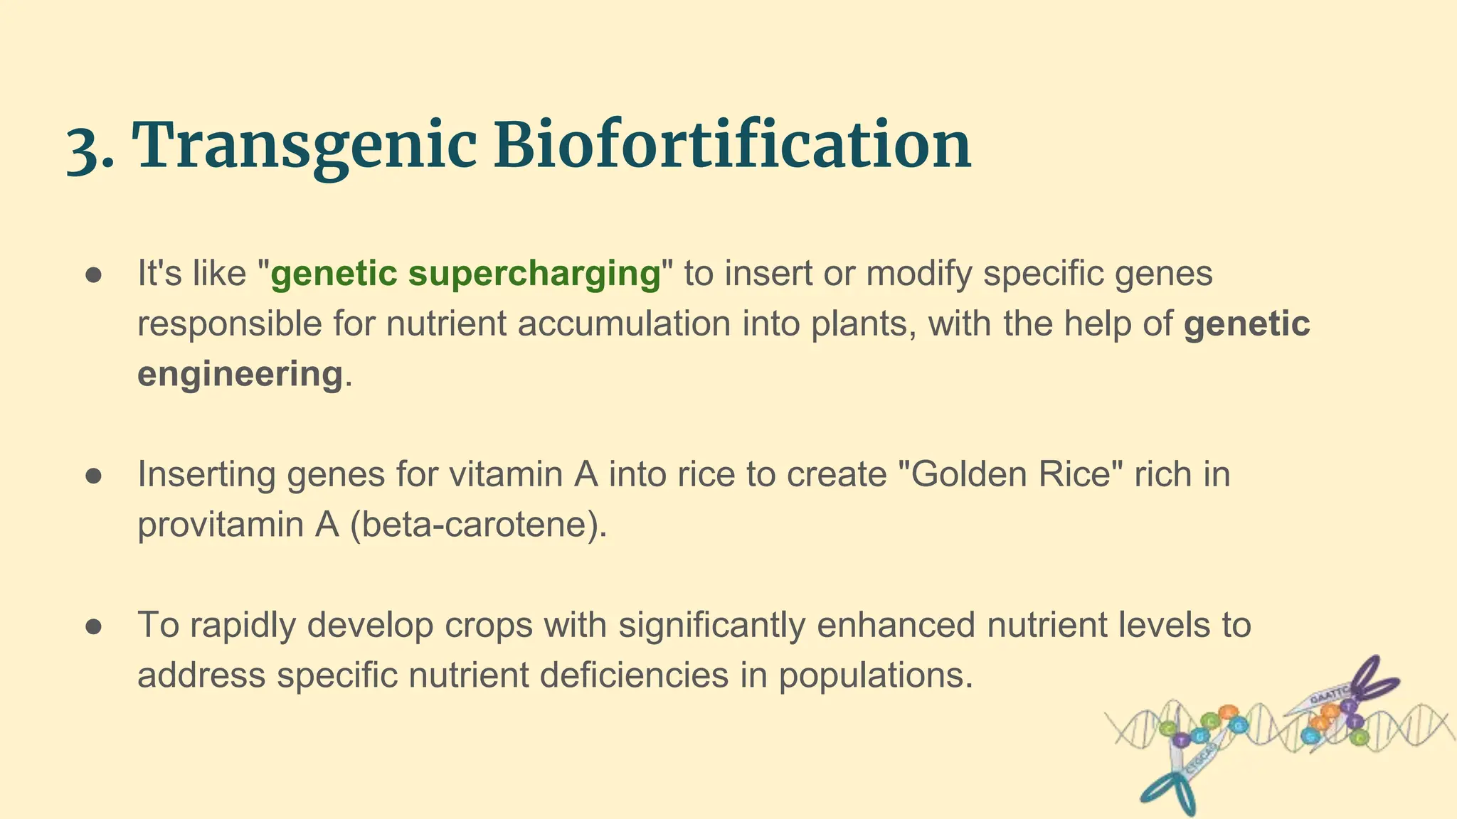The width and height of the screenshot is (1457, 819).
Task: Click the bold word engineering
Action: pyautogui.click(x=240, y=374)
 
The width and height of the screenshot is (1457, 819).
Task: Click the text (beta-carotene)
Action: pyautogui.click(x=479, y=525)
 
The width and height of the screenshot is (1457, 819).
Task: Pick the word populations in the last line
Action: pyautogui.click(x=874, y=675)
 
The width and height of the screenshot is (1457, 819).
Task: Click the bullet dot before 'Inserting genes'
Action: pyautogui.click(x=95, y=476)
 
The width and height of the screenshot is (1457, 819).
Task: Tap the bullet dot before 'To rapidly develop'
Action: pyautogui.click(x=95, y=626)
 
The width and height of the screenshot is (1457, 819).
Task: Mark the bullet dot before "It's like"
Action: pyautogui.click(x=95, y=275)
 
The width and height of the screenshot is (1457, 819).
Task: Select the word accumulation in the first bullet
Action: pyautogui.click(x=624, y=324)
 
